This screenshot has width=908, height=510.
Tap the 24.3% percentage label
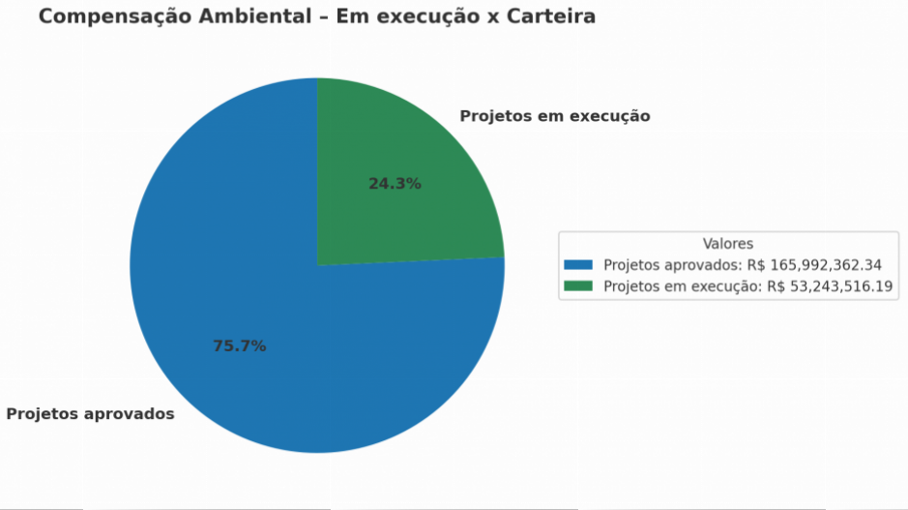395,183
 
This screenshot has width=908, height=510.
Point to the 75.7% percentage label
239,345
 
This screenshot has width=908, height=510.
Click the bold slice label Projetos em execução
554,116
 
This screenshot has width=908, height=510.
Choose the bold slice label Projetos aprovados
90,414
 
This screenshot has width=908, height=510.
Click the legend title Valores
727,244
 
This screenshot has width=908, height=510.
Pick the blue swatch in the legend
578,265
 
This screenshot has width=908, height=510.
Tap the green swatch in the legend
578,286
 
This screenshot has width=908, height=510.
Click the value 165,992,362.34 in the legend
827,265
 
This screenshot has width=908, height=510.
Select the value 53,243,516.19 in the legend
841,286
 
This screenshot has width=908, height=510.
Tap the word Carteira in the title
552,17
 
